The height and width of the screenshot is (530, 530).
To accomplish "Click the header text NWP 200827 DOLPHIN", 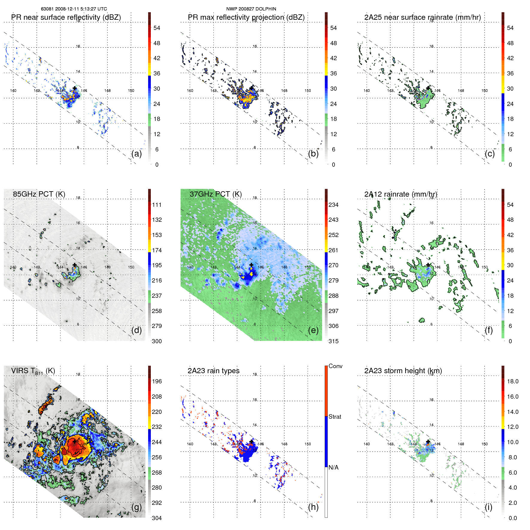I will [251, 9].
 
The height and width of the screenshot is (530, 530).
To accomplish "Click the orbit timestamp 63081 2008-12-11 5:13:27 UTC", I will [74, 9].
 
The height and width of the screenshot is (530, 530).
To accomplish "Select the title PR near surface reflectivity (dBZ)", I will [66, 17].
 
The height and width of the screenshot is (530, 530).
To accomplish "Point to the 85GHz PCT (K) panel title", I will [39, 194].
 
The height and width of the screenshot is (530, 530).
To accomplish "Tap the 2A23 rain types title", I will [213, 371].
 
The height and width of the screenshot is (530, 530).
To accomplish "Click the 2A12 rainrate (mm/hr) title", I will [401, 194].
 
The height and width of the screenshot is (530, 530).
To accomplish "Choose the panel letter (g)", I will [136, 507].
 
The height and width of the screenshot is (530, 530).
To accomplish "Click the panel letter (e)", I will [313, 330].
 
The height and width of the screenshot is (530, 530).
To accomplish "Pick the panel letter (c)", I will [490, 154].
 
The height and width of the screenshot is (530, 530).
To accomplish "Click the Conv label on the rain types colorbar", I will [335, 366].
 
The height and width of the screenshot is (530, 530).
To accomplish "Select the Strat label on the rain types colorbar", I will [335, 417].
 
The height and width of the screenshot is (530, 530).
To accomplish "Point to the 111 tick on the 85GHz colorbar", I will [157, 205].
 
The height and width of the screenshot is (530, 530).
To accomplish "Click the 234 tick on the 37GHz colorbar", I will [333, 205].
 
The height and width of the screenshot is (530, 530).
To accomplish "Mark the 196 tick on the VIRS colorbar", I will [157, 381].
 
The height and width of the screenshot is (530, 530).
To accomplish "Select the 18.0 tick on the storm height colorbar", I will [513, 381].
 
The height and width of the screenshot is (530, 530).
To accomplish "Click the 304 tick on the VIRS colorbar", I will [157, 518].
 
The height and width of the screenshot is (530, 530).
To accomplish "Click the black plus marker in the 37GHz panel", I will [251, 265].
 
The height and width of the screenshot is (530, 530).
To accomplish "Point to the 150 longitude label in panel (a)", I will [131, 90].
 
